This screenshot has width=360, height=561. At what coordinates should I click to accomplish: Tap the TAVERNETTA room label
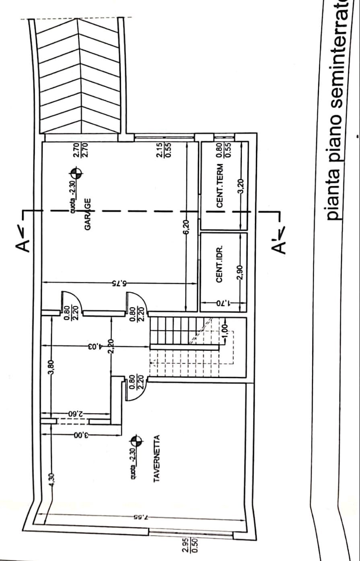point(157,458)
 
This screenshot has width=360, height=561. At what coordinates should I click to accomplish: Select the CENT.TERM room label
point(220,186)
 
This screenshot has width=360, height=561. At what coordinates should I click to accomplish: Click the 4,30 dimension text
point(51,481)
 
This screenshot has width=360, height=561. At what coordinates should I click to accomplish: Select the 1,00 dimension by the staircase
point(225,331)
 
